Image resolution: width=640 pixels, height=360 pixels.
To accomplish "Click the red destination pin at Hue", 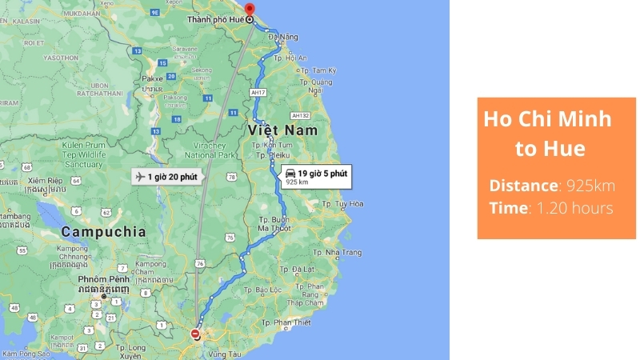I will (249, 12).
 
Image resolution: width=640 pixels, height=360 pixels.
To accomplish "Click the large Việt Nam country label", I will (282, 130).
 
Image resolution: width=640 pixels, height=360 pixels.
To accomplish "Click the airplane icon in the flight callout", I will (141, 177).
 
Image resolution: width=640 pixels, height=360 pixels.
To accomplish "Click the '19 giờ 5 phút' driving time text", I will (322, 172).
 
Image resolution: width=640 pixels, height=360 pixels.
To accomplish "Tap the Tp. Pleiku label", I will (274, 158).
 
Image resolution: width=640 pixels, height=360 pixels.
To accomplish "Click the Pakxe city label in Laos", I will (152, 79).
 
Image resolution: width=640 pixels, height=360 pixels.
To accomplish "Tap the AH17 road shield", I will (258, 93).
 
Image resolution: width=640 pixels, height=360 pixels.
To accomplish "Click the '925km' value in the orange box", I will (590, 186).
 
